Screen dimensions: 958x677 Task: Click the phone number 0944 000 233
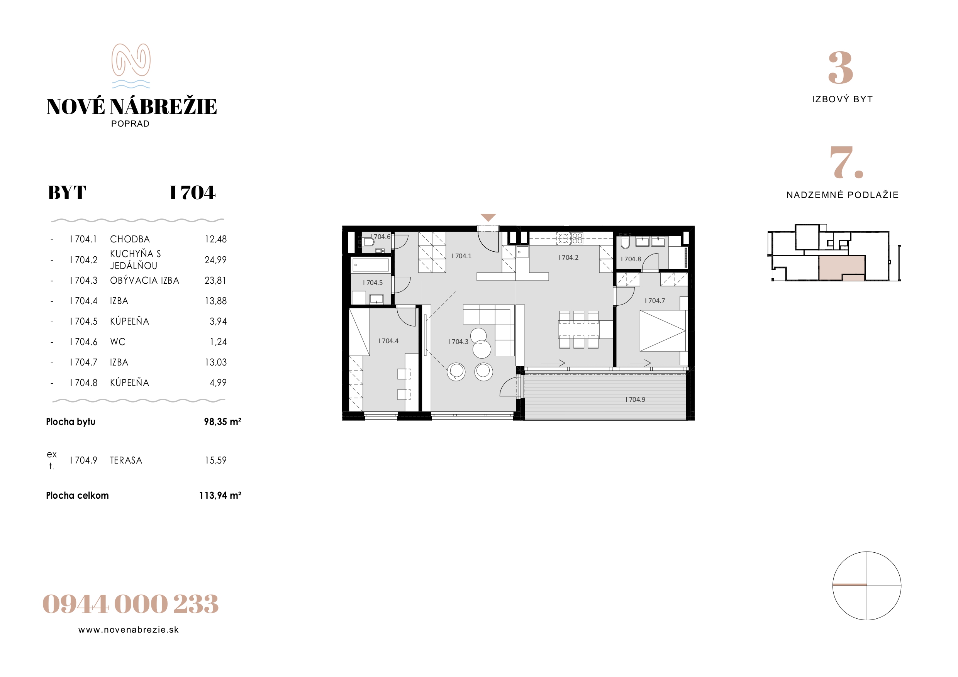[130, 604]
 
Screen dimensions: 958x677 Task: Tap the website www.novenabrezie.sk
[129, 630]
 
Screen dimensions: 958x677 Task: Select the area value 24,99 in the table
[215, 260]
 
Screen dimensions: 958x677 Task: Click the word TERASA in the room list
[126, 460]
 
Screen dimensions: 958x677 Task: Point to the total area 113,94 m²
[220, 495]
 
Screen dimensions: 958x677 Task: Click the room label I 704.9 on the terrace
[635, 399]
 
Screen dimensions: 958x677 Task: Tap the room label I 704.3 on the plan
[458, 342]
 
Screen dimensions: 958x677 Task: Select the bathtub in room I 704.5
[371, 265]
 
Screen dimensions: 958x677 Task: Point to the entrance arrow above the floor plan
[488, 217]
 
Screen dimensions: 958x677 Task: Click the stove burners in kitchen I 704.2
[577, 238]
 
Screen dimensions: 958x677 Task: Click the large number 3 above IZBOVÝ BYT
[840, 68]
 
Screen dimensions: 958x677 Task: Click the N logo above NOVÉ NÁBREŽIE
[131, 66]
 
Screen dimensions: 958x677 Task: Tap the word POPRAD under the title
[130, 124]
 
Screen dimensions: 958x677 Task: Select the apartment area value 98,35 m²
[222, 422]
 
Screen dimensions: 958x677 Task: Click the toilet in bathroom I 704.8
[625, 243]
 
